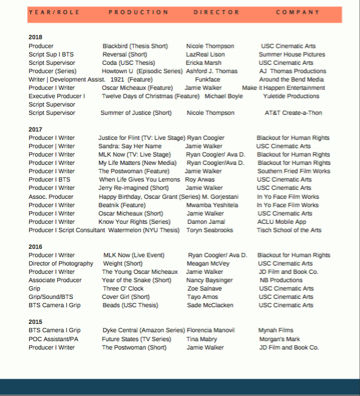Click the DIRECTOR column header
[216, 12]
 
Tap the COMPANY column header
[298, 12]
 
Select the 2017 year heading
[35, 129]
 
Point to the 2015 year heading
[35, 322]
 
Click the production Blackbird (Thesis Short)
[135, 46]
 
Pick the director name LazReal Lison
[205, 54]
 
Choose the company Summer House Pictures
[292, 54]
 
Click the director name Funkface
[207, 79]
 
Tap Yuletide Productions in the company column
[291, 96]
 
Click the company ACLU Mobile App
[281, 222]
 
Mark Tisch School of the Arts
[289, 230]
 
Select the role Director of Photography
[61, 263]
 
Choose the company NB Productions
[281, 280]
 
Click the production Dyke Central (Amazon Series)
[144, 330]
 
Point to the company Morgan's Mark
[279, 339]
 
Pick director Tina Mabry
[201, 339]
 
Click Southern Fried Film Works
[293, 171]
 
